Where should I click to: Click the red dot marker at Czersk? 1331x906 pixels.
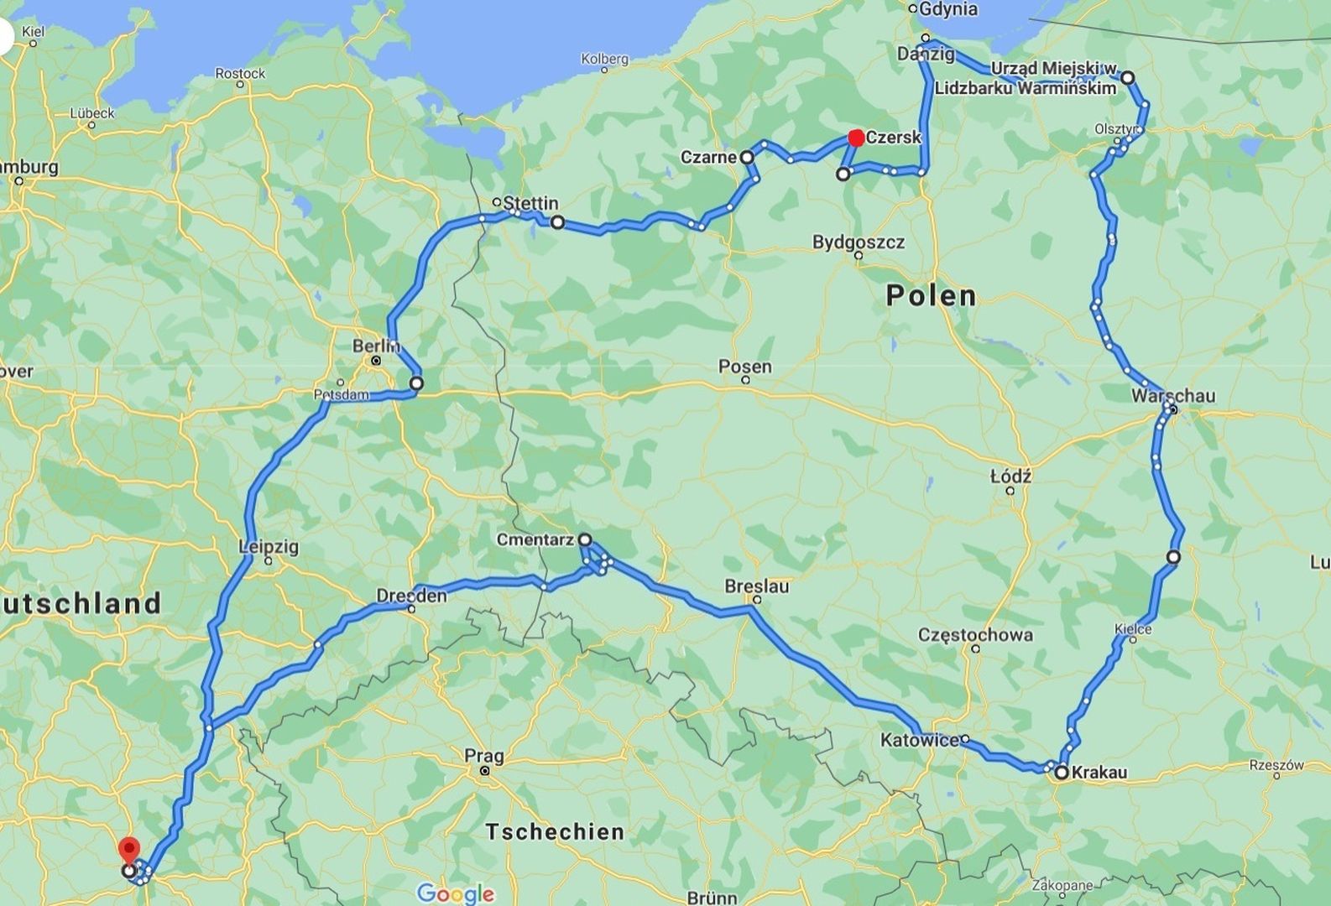tap(856, 138)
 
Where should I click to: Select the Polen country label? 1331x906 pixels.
tap(932, 295)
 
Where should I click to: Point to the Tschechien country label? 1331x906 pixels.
tap(555, 831)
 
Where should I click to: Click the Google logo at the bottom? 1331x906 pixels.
tap(455, 893)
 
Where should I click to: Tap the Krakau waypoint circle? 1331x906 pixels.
tap(1061, 773)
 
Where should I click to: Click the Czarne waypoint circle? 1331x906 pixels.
tap(746, 157)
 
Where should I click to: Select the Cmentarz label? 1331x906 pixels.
tap(535, 540)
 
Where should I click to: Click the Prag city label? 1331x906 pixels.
tap(484, 756)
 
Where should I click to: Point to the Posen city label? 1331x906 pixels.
tap(744, 367)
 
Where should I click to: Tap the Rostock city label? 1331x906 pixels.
tap(240, 73)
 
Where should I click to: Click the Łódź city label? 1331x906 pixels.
tap(1010, 476)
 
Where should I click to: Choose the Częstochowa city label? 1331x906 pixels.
tap(975, 634)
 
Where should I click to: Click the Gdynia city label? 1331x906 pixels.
tap(948, 9)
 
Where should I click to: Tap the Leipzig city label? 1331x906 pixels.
tap(269, 547)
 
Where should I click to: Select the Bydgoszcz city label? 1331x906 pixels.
tap(858, 242)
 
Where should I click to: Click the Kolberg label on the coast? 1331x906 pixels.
tap(604, 59)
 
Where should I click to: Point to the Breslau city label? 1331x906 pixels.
tap(756, 586)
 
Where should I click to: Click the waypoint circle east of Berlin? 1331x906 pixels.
tap(416, 383)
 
